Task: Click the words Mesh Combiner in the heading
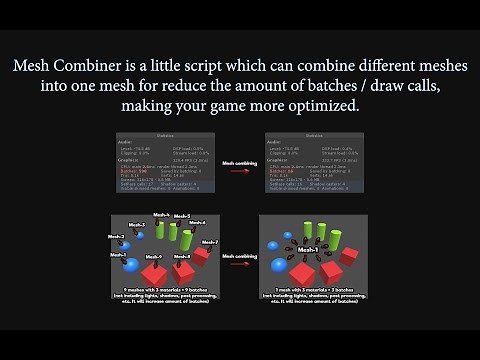(66, 66)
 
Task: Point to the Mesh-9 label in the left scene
(138, 257)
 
